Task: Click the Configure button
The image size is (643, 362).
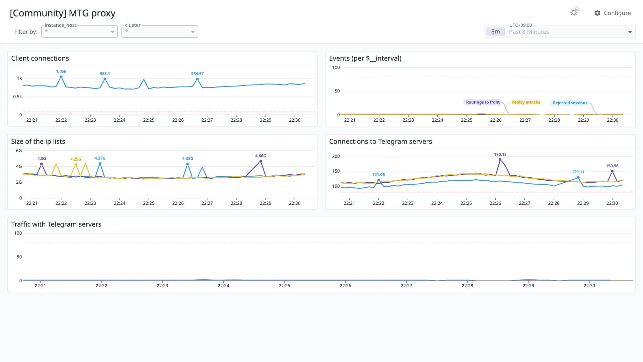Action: tap(613, 13)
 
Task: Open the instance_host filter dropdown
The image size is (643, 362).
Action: tap(79, 32)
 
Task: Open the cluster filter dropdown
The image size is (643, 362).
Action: tap(160, 32)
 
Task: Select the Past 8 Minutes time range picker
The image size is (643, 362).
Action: tap(560, 32)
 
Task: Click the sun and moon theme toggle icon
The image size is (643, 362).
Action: tap(575, 12)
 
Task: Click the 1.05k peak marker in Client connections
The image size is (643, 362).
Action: tap(61, 77)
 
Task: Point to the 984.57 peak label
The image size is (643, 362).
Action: tap(197, 73)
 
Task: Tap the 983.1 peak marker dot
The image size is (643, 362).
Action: tap(105, 79)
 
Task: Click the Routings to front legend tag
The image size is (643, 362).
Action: tap(483, 102)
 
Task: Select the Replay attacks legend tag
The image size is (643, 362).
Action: tap(525, 102)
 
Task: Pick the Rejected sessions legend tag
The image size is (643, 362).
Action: tap(570, 103)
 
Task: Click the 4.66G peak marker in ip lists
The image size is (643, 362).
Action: tap(261, 161)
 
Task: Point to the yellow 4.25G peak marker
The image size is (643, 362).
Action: tap(76, 165)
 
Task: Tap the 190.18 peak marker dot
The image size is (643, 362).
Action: tap(500, 160)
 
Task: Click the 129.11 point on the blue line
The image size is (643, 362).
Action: tap(578, 177)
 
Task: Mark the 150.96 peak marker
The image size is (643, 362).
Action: tap(612, 171)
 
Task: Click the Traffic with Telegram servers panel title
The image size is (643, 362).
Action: tap(56, 224)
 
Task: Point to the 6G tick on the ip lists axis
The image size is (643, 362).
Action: tap(19, 150)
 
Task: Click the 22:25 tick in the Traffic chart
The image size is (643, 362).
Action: tap(284, 286)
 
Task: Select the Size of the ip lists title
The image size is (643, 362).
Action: tap(38, 141)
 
